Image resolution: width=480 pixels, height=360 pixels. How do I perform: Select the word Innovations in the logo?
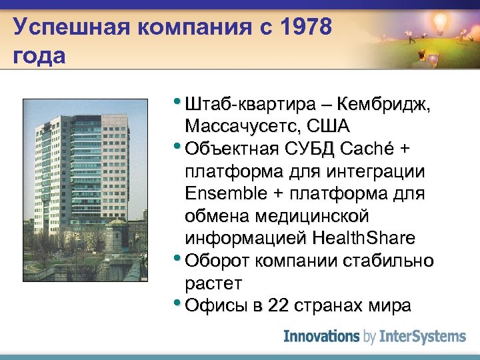[321, 337]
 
